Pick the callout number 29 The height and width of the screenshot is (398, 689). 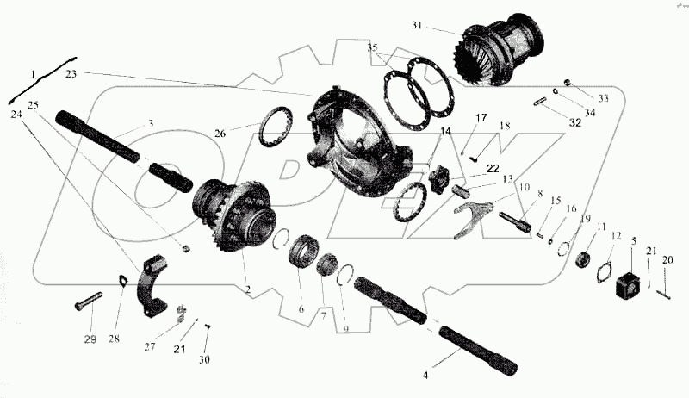90,339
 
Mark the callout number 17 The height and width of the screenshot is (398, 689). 481,118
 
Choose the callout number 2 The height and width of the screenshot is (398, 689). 247,289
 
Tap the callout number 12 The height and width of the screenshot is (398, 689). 616,235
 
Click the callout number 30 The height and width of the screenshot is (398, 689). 204,359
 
